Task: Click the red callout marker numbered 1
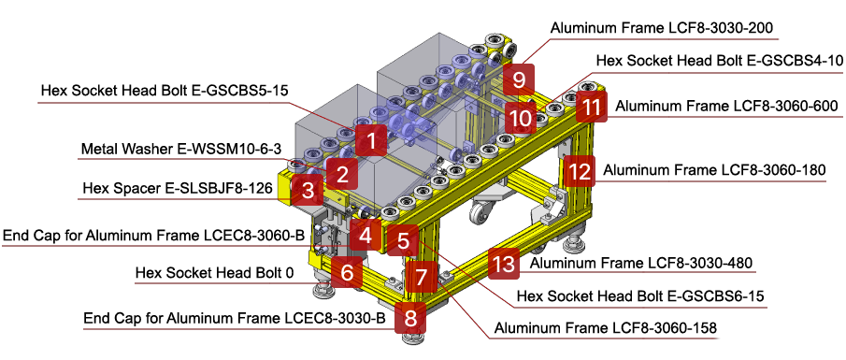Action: [371, 142]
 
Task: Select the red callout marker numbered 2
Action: [342, 173]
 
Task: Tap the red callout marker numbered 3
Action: [307, 192]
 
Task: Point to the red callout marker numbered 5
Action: [403, 240]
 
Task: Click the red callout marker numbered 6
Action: [347, 273]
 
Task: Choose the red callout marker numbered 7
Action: [422, 277]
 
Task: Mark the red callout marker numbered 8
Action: [410, 317]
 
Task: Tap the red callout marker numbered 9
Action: [519, 79]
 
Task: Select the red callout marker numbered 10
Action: [520, 119]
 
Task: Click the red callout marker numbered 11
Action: [591, 107]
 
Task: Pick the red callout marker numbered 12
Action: [580, 171]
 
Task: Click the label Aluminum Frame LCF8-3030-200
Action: [661, 28]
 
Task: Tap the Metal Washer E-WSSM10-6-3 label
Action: [179, 149]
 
